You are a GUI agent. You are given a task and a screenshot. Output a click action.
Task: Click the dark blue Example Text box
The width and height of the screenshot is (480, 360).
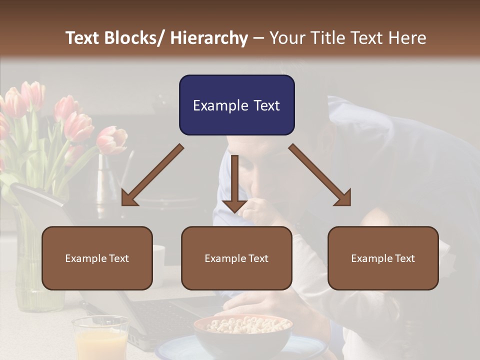point(236,105)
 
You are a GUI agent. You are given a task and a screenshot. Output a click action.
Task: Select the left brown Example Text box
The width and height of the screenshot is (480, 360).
point(97,258)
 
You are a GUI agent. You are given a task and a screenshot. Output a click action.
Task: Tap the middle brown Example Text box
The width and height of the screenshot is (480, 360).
point(236,258)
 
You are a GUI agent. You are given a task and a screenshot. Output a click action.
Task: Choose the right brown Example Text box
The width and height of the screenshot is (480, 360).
point(383,258)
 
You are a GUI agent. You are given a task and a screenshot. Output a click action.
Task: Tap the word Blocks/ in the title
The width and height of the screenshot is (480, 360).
point(135,38)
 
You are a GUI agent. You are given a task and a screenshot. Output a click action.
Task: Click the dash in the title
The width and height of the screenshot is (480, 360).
point(258,38)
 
